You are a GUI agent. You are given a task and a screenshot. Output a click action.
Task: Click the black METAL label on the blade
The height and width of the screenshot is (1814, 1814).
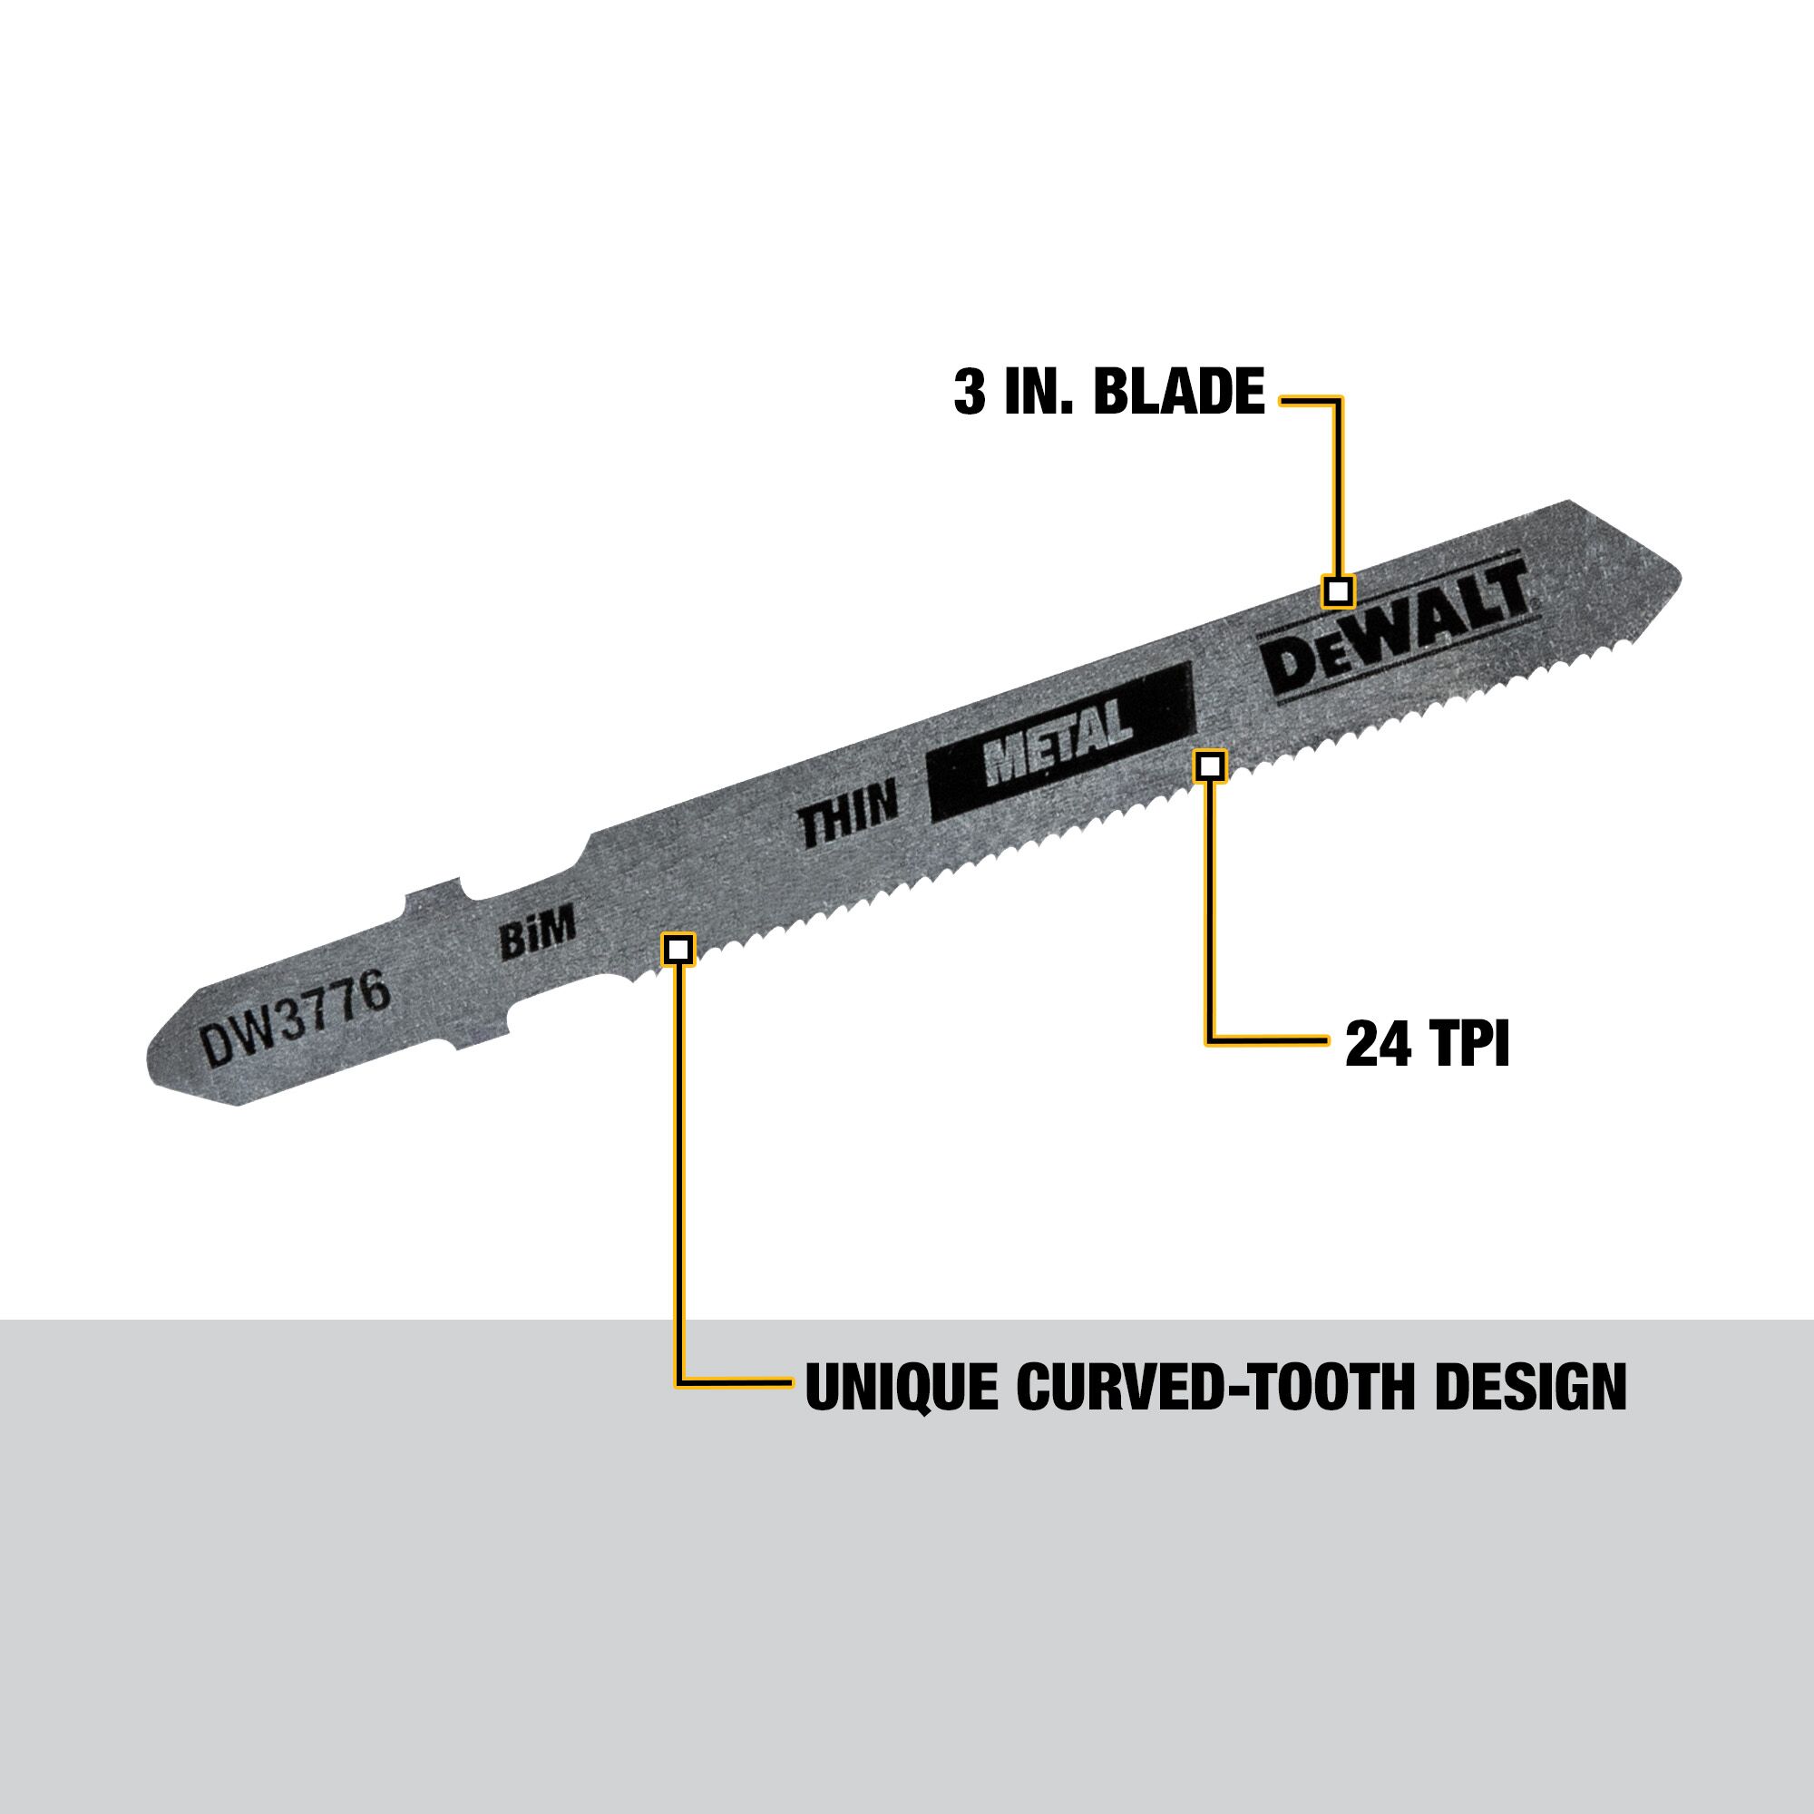(x=1058, y=743)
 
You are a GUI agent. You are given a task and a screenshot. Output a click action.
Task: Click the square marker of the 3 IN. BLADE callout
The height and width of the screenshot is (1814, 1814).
(x=1338, y=591)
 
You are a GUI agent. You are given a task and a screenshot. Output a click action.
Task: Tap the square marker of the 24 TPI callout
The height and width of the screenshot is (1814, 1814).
(x=1210, y=766)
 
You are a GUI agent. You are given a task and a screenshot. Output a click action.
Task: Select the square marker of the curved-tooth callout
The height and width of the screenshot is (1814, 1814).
(x=678, y=949)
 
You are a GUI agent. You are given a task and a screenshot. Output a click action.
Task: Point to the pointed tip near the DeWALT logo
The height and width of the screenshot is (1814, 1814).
(x=1662, y=582)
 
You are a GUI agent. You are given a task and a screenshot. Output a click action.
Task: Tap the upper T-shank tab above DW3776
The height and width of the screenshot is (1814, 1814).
(x=432, y=899)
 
